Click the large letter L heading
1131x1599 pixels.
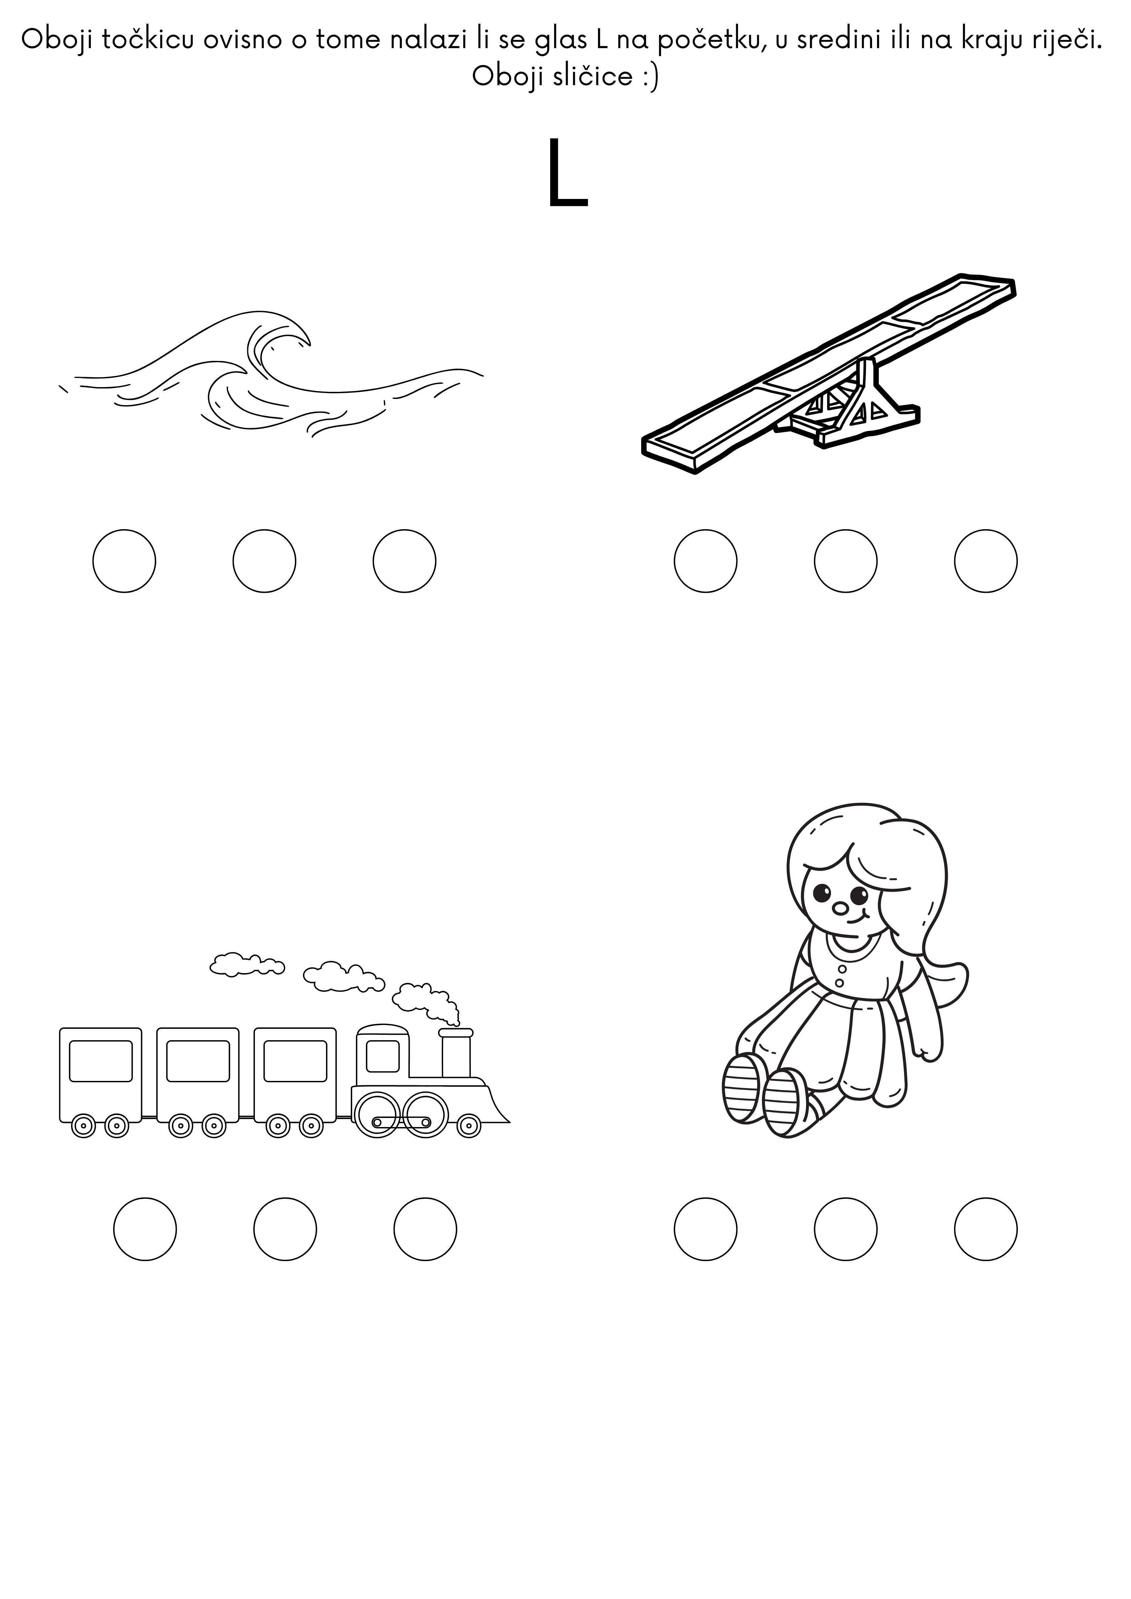567,173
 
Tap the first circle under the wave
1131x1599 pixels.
124,561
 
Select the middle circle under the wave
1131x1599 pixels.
265,561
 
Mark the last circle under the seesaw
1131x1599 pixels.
986,561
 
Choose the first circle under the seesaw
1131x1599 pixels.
705,561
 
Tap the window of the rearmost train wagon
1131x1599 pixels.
101,1061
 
